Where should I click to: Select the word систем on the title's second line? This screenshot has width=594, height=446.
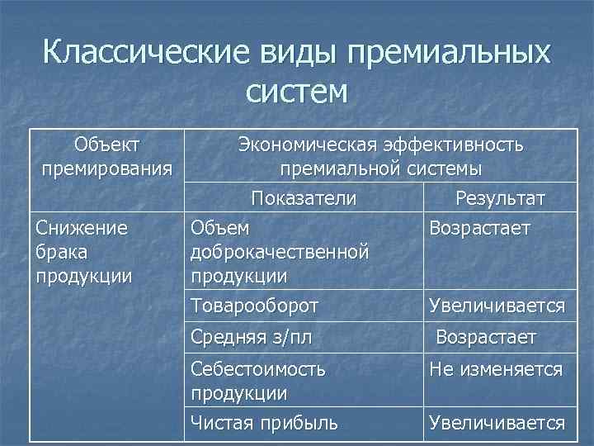click(296, 91)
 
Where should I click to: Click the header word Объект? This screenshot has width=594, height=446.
click(106, 145)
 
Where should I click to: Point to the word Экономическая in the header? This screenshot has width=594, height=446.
click(309, 145)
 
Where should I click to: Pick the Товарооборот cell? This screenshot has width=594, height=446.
click(254, 306)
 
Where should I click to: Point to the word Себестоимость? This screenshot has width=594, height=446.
click(257, 370)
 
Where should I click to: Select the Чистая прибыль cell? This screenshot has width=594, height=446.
click(264, 424)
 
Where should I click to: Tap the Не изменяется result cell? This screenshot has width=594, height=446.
click(495, 370)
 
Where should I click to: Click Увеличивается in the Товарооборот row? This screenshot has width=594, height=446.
click(496, 306)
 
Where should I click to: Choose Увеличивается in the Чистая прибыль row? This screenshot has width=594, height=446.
click(496, 424)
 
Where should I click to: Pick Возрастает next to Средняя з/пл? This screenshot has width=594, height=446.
click(486, 338)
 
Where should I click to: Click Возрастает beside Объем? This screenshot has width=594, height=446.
click(479, 226)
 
